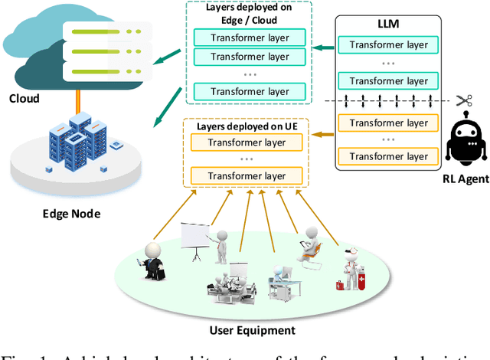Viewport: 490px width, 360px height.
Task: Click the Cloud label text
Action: [x=25, y=99]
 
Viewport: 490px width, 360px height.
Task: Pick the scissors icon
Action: [x=462, y=101]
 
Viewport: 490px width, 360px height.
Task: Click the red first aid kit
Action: [x=339, y=285]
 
